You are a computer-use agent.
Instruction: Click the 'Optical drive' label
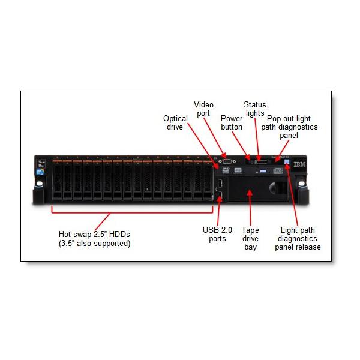(x=175, y=122)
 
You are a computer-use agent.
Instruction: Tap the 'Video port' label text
(x=203, y=109)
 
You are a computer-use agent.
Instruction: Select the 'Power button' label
(x=232, y=122)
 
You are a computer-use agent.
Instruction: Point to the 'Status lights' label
(x=255, y=109)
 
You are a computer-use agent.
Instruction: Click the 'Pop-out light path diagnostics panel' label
(x=292, y=127)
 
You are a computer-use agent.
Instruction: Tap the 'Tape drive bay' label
(x=250, y=238)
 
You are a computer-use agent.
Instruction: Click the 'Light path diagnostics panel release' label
(x=298, y=238)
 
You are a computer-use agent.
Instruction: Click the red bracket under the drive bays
(x=133, y=211)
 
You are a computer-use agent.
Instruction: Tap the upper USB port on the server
(x=220, y=182)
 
